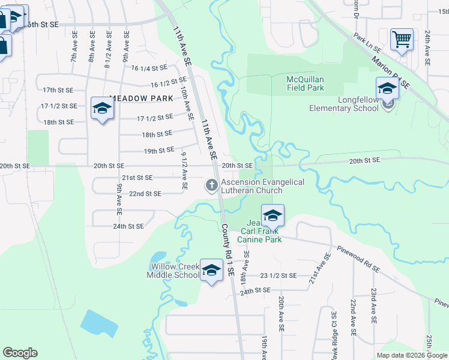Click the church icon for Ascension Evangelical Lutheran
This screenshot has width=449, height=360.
211,186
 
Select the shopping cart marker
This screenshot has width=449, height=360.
402,40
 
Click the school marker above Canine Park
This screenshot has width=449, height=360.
273,215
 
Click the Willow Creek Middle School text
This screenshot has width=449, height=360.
173,271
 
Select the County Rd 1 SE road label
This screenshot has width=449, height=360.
228,250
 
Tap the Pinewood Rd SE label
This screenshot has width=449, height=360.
357,258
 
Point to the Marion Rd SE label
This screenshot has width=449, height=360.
390,73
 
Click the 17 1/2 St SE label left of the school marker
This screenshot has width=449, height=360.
59,106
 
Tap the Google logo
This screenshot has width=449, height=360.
20,353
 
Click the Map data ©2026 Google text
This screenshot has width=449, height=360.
412,355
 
